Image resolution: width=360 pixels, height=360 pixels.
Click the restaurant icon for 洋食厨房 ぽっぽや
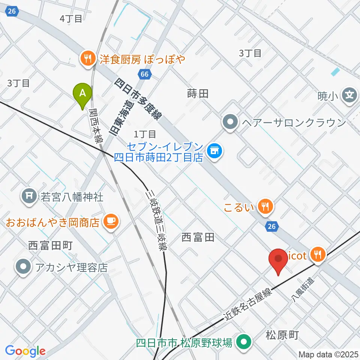(x=88, y=58)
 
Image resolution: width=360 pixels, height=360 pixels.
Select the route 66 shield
(x=145, y=74)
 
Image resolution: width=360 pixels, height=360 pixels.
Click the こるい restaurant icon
(x=266, y=205)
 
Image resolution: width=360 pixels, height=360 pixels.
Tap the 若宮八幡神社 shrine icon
(x=30, y=195)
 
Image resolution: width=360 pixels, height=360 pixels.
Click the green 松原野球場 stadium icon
(x=245, y=342)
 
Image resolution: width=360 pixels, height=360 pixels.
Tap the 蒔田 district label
(x=198, y=94)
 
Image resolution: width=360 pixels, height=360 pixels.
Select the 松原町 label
(x=282, y=335)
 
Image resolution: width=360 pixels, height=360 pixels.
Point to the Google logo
(x=25, y=351)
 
